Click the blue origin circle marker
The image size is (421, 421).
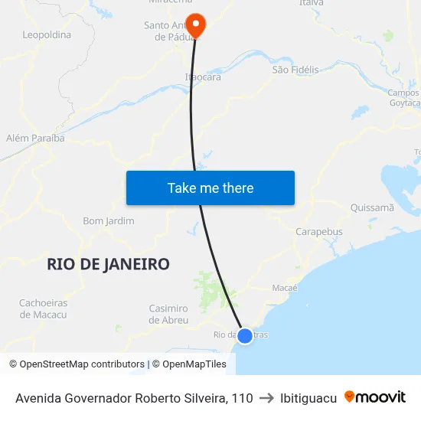(x=245, y=335)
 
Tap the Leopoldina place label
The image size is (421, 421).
(x=47, y=34)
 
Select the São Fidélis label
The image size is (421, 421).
(x=295, y=70)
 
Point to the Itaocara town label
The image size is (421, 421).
(x=203, y=77)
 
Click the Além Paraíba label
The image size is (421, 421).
(x=35, y=138)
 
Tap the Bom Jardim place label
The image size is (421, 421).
(x=109, y=221)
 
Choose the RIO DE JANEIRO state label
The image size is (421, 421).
(x=108, y=264)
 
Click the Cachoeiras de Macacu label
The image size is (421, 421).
(x=44, y=308)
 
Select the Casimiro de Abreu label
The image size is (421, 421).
(x=168, y=314)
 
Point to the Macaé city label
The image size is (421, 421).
(x=285, y=288)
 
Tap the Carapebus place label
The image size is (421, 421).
(x=319, y=232)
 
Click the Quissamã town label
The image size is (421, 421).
(x=371, y=207)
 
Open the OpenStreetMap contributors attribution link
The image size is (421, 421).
(x=77, y=364)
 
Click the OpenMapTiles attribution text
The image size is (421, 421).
(x=189, y=364)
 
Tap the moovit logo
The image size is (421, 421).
(x=375, y=397)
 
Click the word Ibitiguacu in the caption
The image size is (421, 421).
(x=308, y=398)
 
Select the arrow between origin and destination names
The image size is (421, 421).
(x=266, y=398)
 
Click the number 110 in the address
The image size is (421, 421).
(x=242, y=398)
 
